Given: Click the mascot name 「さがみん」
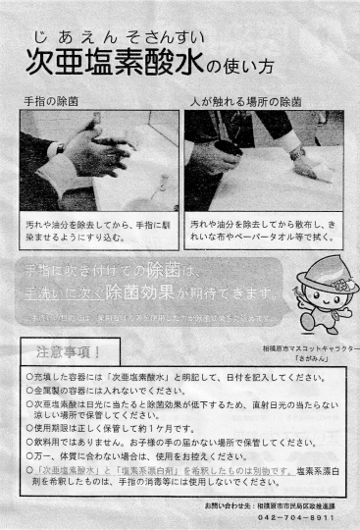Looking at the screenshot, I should pyautogui.click(x=314, y=360).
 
